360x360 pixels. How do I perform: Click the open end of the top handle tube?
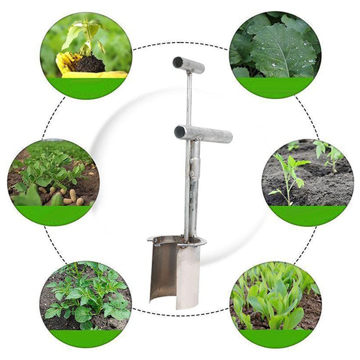click(178, 62)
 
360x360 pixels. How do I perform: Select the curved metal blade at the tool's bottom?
click(175, 274)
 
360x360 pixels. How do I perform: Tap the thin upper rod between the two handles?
click(189, 99)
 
